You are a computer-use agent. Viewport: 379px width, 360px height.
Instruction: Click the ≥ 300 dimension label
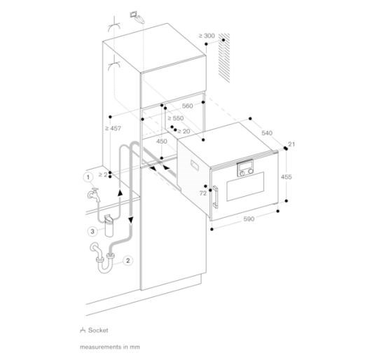click(x=207, y=36)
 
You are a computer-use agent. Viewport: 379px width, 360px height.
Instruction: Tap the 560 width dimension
click(x=187, y=106)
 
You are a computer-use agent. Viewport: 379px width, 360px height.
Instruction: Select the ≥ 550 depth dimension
click(x=176, y=118)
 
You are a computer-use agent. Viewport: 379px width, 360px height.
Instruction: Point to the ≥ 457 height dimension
click(x=113, y=128)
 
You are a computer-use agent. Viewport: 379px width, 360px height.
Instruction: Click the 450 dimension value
click(x=161, y=141)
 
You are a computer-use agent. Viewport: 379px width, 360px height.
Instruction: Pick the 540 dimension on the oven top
click(x=267, y=133)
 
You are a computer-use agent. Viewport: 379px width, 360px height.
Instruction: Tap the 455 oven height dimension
click(x=287, y=177)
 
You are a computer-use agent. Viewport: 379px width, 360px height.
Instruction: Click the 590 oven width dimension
click(x=249, y=219)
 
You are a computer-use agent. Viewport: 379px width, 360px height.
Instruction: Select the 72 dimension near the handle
click(x=203, y=193)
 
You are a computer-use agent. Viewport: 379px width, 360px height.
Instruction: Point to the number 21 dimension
click(x=291, y=144)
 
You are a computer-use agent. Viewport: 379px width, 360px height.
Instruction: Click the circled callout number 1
click(x=88, y=177)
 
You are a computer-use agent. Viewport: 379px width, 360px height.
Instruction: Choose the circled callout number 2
click(x=128, y=261)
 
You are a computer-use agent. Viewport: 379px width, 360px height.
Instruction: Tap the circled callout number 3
click(x=92, y=231)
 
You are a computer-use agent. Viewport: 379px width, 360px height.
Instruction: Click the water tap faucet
click(x=94, y=194)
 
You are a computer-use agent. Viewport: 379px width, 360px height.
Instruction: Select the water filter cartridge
click(x=109, y=226)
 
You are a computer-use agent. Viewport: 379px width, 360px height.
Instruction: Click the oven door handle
click(x=215, y=197)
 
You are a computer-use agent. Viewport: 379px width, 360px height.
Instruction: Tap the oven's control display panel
click(x=245, y=168)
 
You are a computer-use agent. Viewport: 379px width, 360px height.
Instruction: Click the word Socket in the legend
click(x=98, y=330)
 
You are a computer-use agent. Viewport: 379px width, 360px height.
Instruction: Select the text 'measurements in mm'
click(x=110, y=347)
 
